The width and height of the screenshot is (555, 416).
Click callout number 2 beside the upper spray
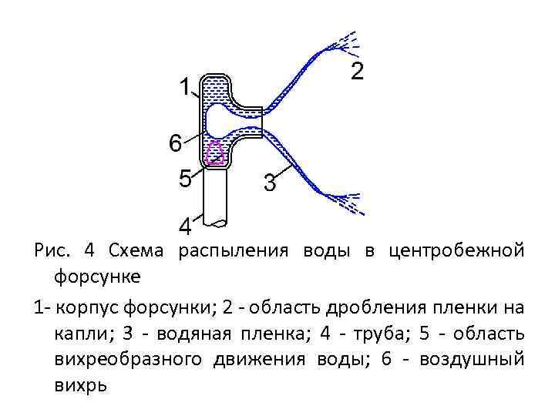(x=357, y=72)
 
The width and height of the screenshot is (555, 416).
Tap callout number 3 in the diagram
(x=269, y=184)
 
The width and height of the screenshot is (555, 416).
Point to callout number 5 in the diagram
(x=185, y=179)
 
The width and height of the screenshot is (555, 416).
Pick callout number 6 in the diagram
(x=176, y=143)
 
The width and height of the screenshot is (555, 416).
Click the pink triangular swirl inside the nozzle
(x=216, y=153)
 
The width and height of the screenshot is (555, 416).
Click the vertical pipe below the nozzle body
(x=216, y=196)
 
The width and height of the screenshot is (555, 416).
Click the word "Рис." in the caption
(x=52, y=251)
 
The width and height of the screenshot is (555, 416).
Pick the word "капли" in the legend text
(x=80, y=334)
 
